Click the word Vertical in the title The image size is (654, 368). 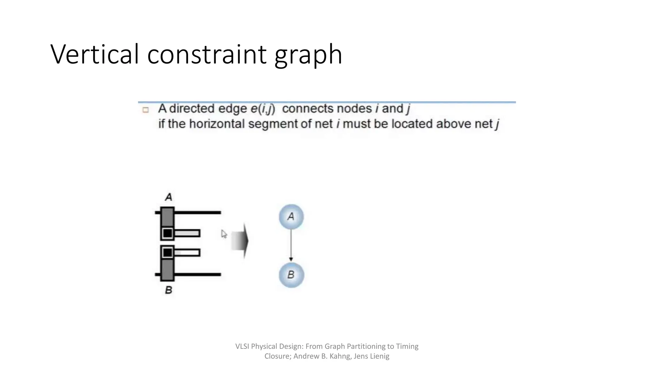tap(95, 54)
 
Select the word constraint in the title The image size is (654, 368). tap(207, 54)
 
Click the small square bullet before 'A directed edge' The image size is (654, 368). tap(146, 110)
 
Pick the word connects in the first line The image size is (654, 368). tap(308, 109)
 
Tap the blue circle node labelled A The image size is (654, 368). tap(291, 217)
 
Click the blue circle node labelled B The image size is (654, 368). tap(291, 275)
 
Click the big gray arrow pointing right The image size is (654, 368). tap(240, 241)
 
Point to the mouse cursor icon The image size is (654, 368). tap(224, 234)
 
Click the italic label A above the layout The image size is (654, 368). tap(169, 197)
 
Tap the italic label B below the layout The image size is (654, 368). tap(169, 290)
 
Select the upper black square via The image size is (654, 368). tap(167, 234)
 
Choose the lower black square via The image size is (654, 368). tap(167, 253)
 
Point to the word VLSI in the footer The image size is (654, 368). tap(242, 346)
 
